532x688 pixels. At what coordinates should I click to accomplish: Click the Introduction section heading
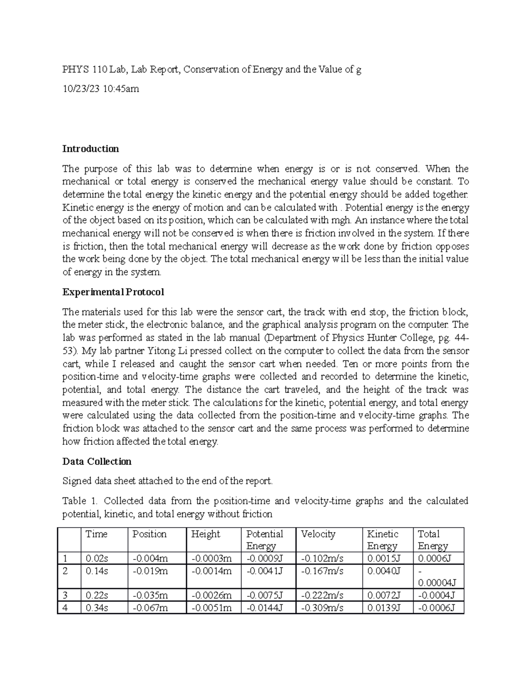pos(90,149)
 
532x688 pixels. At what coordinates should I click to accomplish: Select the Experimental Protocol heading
pos(113,292)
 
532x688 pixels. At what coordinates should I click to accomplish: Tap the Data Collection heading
pos(97,462)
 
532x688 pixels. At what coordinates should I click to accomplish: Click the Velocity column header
pos(318,534)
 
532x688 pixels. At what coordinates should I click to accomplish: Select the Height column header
pos(206,534)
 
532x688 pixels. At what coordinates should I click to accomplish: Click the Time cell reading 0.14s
pos(97,571)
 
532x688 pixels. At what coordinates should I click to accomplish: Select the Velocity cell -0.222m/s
pos(322,595)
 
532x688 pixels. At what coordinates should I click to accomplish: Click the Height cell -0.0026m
pos(211,595)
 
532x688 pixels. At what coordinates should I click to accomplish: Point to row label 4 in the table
pos(65,608)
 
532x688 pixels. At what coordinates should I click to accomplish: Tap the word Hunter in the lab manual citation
pos(384,338)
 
